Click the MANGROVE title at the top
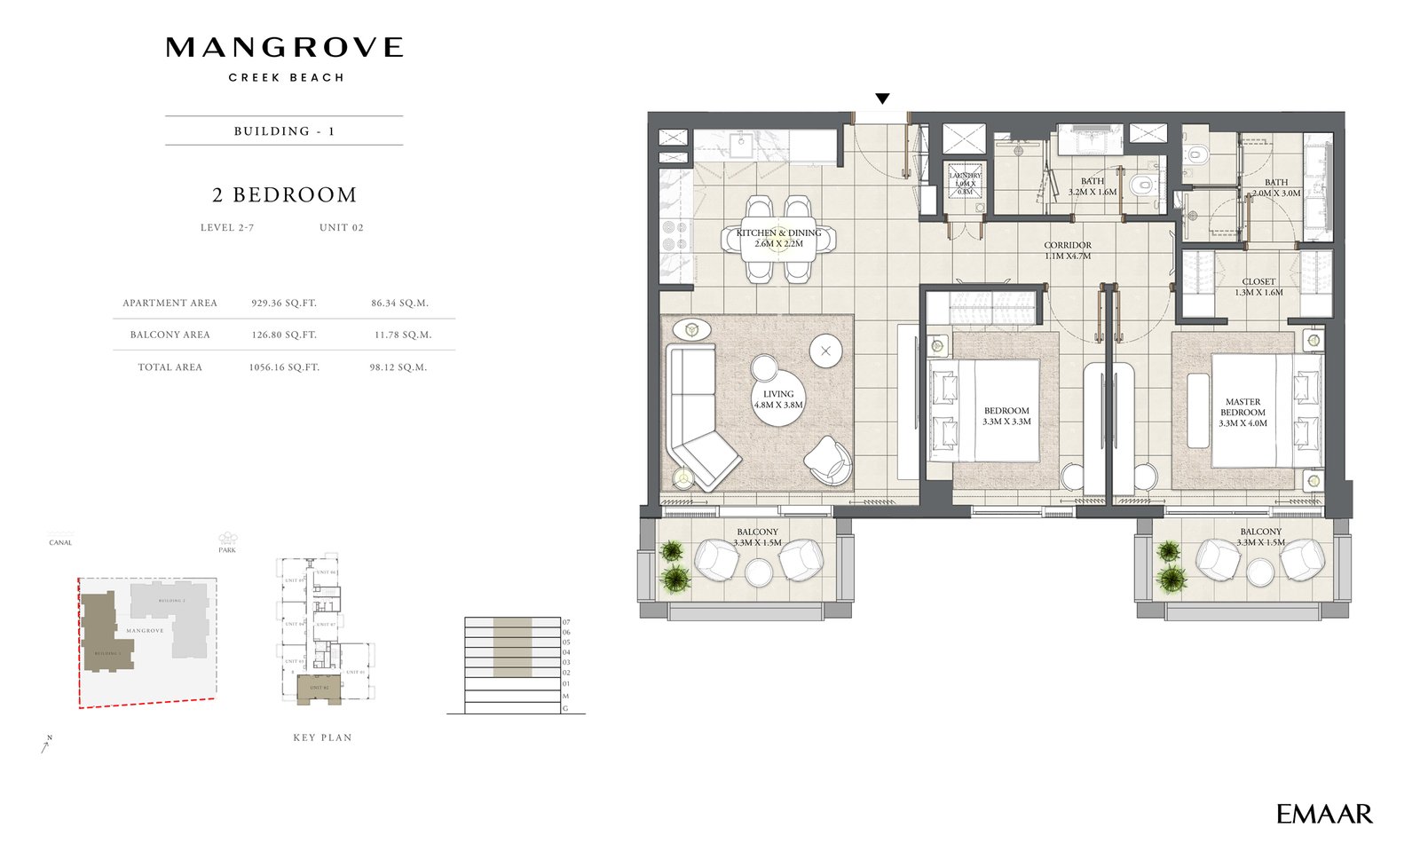click(x=284, y=48)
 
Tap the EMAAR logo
click(x=1324, y=814)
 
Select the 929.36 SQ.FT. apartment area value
click(x=284, y=303)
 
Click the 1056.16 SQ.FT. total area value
click(x=284, y=367)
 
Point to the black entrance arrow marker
click(x=882, y=99)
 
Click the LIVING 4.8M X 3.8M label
click(x=778, y=399)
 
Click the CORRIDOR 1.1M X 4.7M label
click(x=1068, y=250)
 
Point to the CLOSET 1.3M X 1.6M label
click(x=1258, y=287)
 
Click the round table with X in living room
click(x=826, y=351)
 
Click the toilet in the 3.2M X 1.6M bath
click(x=1143, y=185)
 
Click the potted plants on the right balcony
click(x=1171, y=566)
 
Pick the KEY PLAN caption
click(x=322, y=737)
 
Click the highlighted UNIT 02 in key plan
click(x=319, y=690)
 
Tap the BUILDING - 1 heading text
click(x=284, y=131)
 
